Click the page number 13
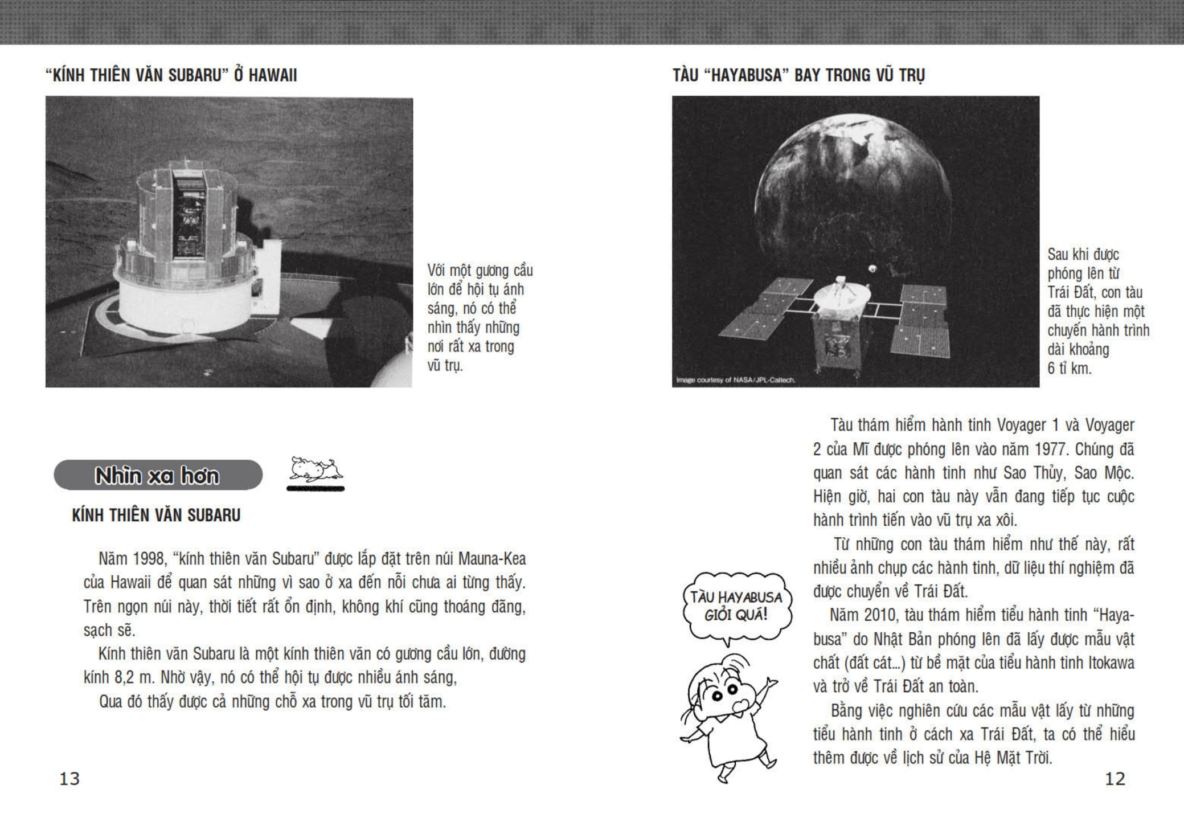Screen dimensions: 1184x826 pos(69,779)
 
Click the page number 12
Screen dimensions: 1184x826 pos(1115,779)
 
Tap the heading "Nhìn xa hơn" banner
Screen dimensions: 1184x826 pos(158,475)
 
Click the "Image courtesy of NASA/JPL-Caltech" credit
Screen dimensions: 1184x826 pos(735,380)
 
